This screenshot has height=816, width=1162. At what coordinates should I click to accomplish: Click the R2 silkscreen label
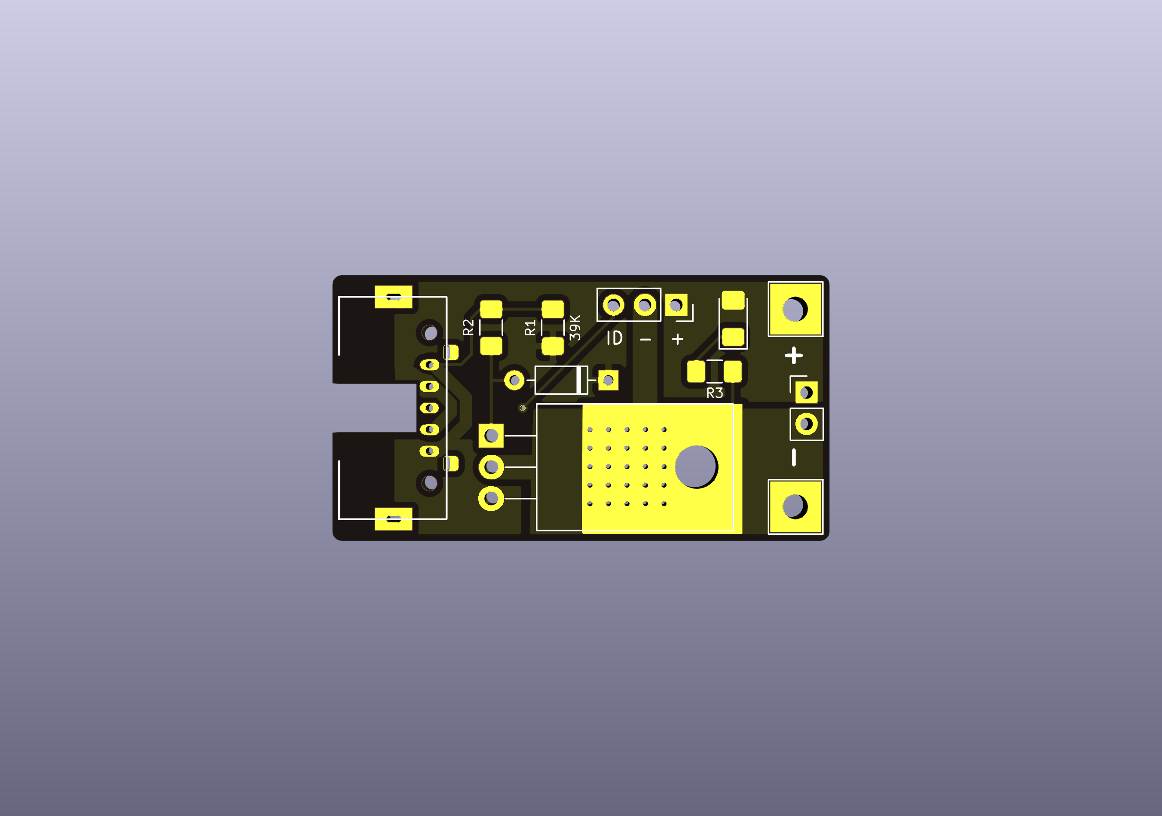click(x=469, y=327)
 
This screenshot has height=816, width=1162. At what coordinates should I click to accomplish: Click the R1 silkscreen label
click(x=530, y=328)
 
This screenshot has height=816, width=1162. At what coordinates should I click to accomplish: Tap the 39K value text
click(x=575, y=328)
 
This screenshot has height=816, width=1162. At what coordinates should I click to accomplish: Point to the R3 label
click(x=715, y=393)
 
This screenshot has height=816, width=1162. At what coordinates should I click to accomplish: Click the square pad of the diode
click(x=609, y=380)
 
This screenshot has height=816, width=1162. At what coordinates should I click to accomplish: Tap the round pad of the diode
click(x=515, y=380)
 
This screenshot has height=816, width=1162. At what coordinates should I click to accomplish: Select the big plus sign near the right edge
click(x=794, y=356)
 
